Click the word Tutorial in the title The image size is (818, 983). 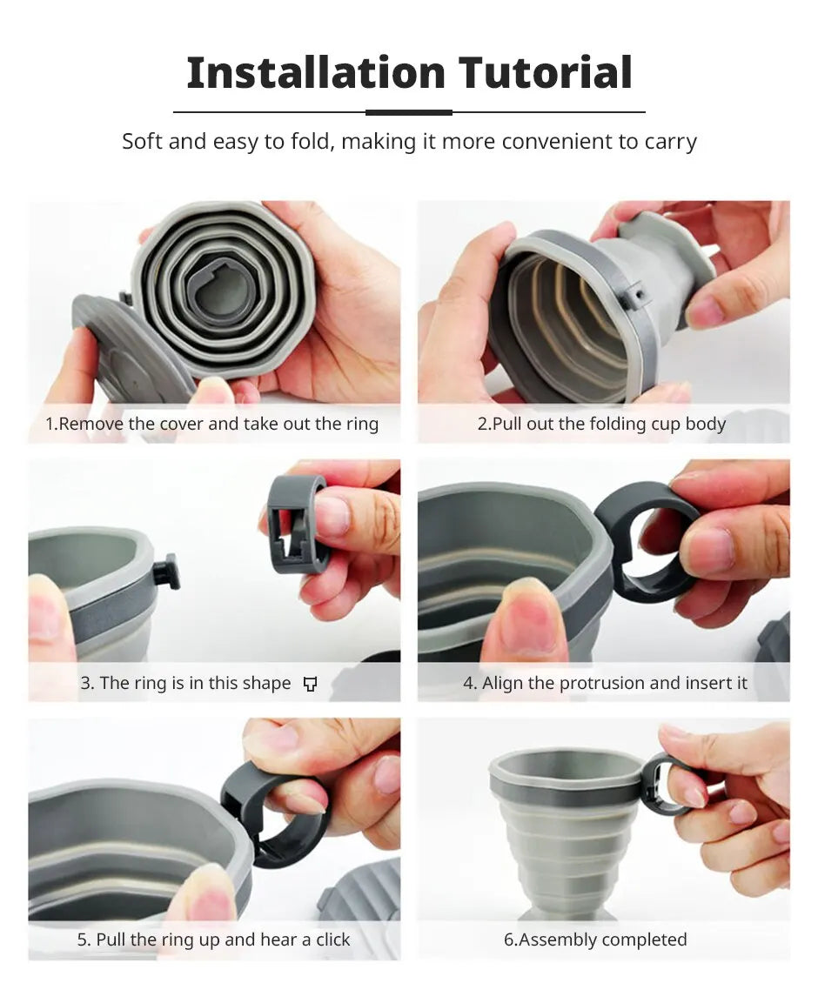coord(546,72)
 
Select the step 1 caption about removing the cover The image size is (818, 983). coord(212,424)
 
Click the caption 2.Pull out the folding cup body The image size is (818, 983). coord(601,424)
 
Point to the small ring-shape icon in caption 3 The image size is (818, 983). coord(310,684)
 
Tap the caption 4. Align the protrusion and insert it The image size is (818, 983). coord(605,683)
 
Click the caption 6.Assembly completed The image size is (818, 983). coord(595,940)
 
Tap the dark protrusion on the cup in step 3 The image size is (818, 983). coord(166,572)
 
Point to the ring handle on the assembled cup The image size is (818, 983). coord(659,786)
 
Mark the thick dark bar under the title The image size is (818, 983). coord(408,112)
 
